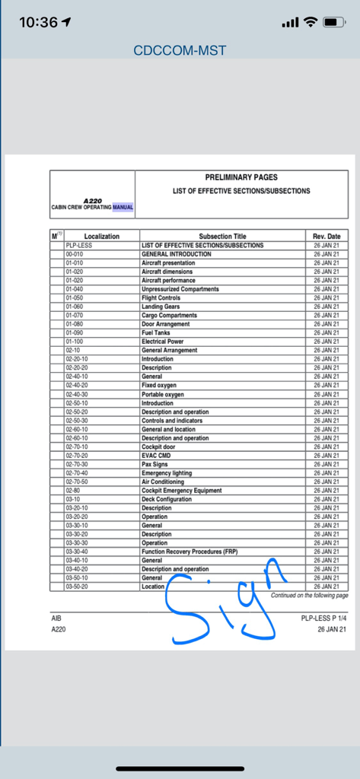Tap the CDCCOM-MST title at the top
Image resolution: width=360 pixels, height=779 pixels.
180,51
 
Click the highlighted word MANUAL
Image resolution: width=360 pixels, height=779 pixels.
123,207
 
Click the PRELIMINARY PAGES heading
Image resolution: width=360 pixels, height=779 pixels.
241,177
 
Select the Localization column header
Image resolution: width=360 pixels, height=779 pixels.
101,237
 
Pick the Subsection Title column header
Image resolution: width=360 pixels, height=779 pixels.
222,237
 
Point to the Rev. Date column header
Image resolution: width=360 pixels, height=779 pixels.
327,237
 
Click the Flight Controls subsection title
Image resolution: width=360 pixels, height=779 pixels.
161,298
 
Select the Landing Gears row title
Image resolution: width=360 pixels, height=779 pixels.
161,307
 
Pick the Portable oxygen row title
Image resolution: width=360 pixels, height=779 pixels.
162,394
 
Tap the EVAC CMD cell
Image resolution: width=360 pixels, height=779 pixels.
156,456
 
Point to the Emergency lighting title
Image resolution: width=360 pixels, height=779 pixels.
167,473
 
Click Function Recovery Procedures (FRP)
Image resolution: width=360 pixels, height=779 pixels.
190,552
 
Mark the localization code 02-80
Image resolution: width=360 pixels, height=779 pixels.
72,491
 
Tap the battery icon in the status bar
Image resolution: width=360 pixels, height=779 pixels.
334,22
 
